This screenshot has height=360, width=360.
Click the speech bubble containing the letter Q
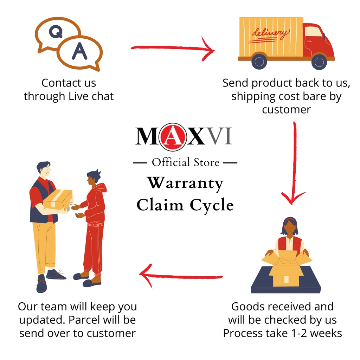(x=56, y=33)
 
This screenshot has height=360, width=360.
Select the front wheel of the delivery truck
(x=319, y=62)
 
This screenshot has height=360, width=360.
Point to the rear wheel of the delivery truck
(x=259, y=62)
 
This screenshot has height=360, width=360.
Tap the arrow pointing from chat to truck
(x=172, y=49)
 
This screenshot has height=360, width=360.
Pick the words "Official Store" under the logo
(x=185, y=162)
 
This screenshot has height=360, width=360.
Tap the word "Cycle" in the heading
(x=212, y=205)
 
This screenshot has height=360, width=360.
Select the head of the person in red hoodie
(x=93, y=178)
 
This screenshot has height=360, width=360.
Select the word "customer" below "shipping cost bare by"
(x=286, y=109)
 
